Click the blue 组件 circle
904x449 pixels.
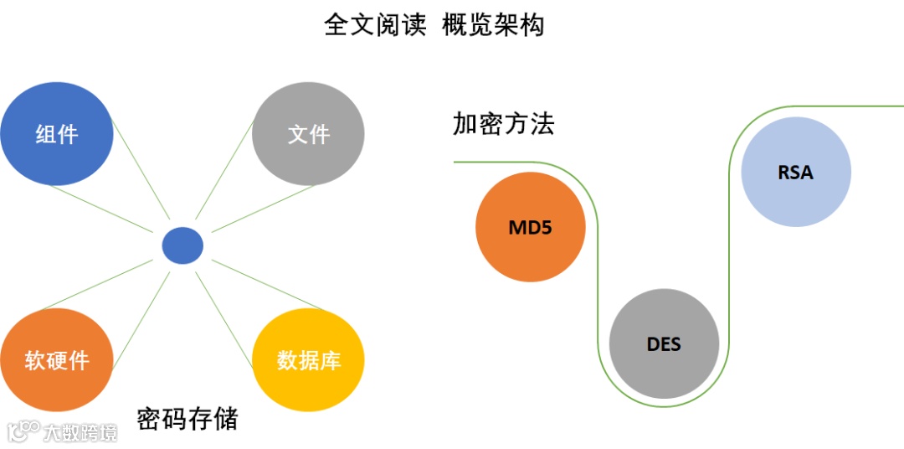pos(56,133)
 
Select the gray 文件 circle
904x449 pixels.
pos(308,133)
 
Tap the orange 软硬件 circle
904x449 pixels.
pos(56,360)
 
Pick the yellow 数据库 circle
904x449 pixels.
pos(308,360)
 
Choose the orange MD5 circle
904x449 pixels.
pos(530,227)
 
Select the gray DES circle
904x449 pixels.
pos(664,343)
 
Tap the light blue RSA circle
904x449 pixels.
pos(795,172)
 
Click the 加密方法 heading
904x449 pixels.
pos(504,125)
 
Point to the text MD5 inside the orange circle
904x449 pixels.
pos(530,227)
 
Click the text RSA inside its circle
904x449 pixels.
pos(795,172)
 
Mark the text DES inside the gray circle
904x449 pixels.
pos(664,343)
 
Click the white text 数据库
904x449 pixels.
pos(308,361)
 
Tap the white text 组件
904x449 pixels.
pos(56,134)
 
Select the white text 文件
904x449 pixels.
pos(308,134)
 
